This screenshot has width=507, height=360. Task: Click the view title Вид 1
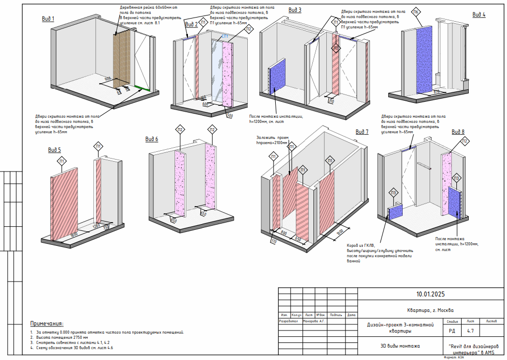(48, 19)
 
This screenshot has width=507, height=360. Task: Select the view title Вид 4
(479, 14)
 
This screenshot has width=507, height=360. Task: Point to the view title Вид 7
(362, 132)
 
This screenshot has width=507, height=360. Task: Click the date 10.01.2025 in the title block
(430, 294)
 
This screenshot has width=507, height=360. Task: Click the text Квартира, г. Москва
(430, 310)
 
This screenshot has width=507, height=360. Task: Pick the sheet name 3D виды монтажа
(396, 346)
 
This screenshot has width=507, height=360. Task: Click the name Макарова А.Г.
(314, 321)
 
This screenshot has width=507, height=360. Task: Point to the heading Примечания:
(46, 323)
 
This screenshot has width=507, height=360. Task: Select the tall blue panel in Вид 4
(424, 59)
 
